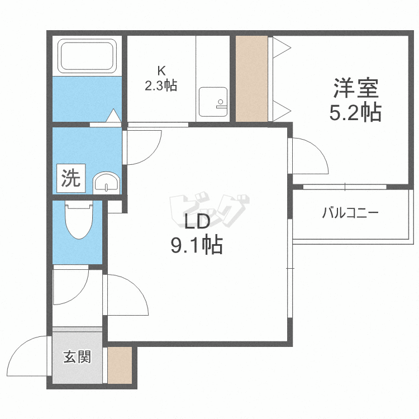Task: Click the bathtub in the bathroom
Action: [87, 55]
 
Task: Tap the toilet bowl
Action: [79, 220]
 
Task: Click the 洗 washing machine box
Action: [71, 178]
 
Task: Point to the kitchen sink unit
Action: [213, 102]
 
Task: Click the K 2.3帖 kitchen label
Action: [161, 79]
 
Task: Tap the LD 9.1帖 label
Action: [197, 232]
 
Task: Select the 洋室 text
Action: [356, 88]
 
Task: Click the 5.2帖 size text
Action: [355, 112]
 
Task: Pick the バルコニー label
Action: [350, 213]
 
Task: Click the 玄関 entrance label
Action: [77, 357]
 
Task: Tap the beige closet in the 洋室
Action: [252, 79]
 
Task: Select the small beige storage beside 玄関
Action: [120, 365]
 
